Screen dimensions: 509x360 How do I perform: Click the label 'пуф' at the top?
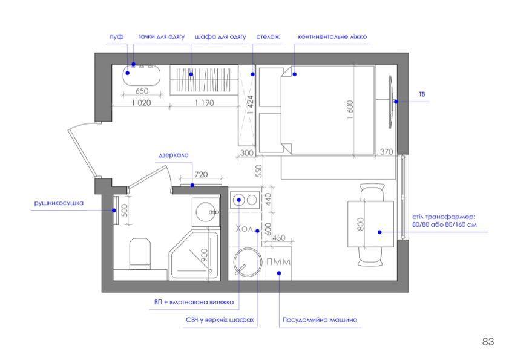[x=116, y=37]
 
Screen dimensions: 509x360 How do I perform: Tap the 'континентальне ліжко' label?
[x=332, y=37]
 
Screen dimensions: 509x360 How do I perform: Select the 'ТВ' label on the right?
[x=422, y=94]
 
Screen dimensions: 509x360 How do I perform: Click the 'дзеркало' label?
[x=173, y=155]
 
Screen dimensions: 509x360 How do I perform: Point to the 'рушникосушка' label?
[x=59, y=203]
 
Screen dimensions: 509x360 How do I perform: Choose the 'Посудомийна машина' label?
[x=320, y=319]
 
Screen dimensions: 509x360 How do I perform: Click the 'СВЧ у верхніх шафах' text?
[x=220, y=320]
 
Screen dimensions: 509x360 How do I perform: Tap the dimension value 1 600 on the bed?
[x=350, y=110]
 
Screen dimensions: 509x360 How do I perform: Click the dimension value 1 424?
[x=249, y=105]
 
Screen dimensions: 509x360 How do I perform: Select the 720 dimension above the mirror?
[x=201, y=175]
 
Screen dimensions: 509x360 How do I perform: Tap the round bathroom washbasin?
[x=206, y=212]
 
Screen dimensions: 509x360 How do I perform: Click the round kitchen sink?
[x=248, y=263]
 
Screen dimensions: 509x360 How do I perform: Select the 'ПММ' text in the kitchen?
[x=278, y=261]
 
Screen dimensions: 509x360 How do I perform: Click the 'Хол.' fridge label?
[x=245, y=229]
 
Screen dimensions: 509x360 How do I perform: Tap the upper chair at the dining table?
[x=372, y=192]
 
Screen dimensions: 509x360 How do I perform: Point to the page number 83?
[x=488, y=341]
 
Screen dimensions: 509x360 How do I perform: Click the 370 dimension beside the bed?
[x=386, y=152]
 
